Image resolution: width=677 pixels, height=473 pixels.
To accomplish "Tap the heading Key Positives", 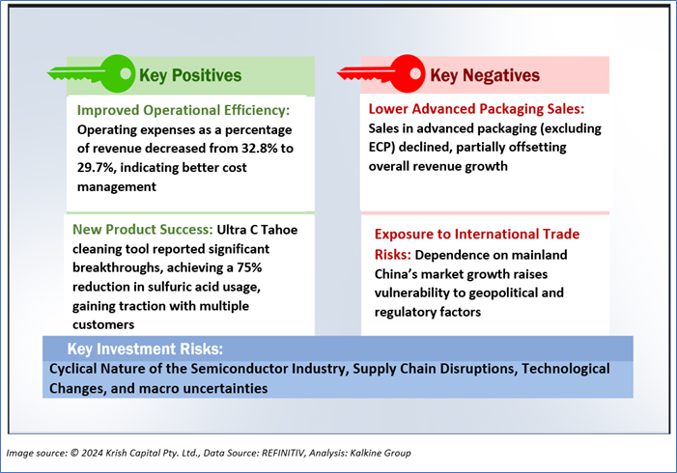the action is click(x=190, y=75).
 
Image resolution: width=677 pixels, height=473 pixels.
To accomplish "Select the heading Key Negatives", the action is click(x=485, y=75).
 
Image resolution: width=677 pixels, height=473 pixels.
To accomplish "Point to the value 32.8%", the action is click(x=259, y=149).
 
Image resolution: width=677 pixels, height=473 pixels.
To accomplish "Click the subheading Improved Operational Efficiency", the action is click(x=183, y=110).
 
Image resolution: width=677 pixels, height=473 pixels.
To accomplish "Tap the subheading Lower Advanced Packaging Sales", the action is click(x=476, y=109).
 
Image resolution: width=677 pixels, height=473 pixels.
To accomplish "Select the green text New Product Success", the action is click(x=143, y=229).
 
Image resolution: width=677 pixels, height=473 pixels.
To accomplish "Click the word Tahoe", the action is click(x=279, y=230).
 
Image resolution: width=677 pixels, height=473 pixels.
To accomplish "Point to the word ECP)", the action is click(x=381, y=147).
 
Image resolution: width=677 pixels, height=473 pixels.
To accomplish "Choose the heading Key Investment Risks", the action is click(x=145, y=348).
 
